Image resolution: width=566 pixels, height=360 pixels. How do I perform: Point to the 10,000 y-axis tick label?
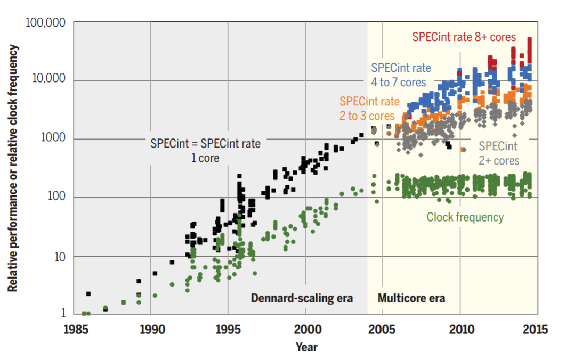pos(50,80)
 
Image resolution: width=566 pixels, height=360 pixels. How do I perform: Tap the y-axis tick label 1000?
pos(53,138)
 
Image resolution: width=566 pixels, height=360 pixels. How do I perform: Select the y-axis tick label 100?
pos(56,197)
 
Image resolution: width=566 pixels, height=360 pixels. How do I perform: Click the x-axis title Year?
pos(306,347)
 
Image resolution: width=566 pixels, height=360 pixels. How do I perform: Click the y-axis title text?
pos(13,168)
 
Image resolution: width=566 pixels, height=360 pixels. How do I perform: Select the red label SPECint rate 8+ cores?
pos(464,37)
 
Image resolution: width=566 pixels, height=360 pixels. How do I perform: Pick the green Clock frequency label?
pos(465,217)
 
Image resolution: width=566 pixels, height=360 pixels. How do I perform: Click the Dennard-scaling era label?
pos(302,298)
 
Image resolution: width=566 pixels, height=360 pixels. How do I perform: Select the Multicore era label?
pos(411,298)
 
